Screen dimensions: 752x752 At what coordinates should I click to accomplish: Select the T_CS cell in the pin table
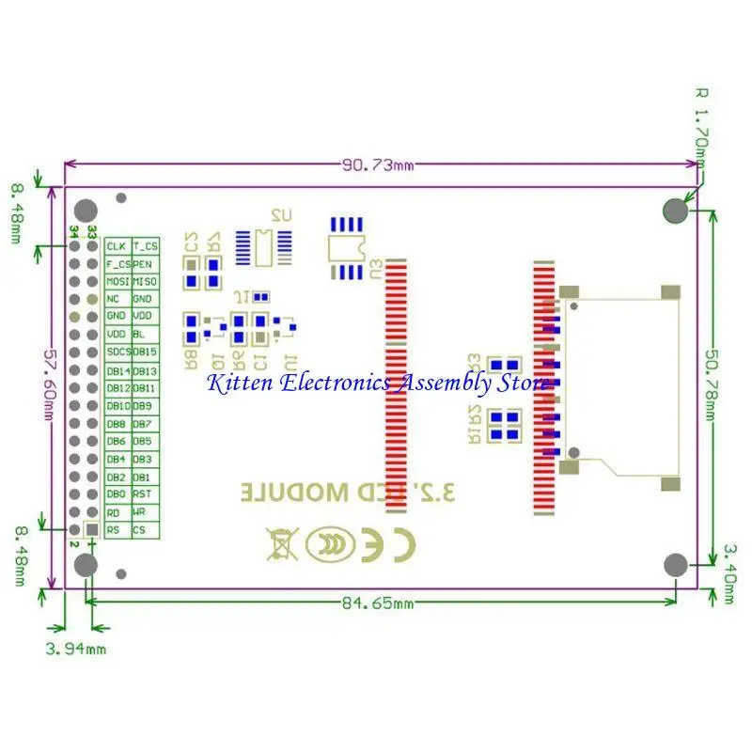(x=146, y=246)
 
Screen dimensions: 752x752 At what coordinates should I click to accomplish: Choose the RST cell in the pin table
(x=146, y=494)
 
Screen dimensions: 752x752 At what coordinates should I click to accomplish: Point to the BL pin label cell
(x=146, y=335)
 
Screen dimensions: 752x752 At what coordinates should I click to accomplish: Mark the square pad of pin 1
(x=91, y=531)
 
